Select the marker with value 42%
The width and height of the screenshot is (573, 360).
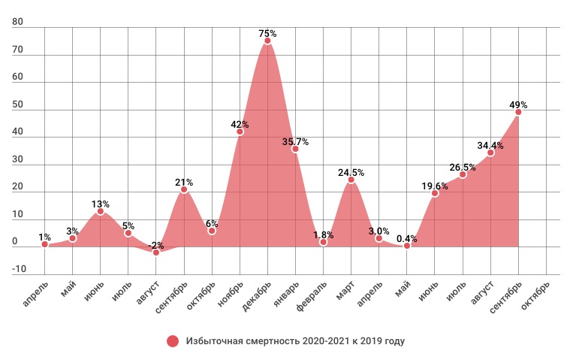(x=240, y=132)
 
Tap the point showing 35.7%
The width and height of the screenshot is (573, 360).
(x=295, y=149)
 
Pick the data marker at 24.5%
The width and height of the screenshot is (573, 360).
(x=351, y=180)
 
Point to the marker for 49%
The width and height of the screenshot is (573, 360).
(x=518, y=112)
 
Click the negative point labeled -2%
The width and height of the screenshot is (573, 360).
(x=156, y=253)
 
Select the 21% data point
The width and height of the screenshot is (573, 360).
(x=184, y=189)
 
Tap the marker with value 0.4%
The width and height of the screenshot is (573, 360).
(x=407, y=246)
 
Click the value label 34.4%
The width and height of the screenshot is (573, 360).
(x=490, y=143)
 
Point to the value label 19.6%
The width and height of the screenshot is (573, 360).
(x=435, y=183)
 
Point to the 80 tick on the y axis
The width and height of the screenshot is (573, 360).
(x=18, y=23)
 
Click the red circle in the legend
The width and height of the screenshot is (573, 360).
(x=173, y=341)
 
